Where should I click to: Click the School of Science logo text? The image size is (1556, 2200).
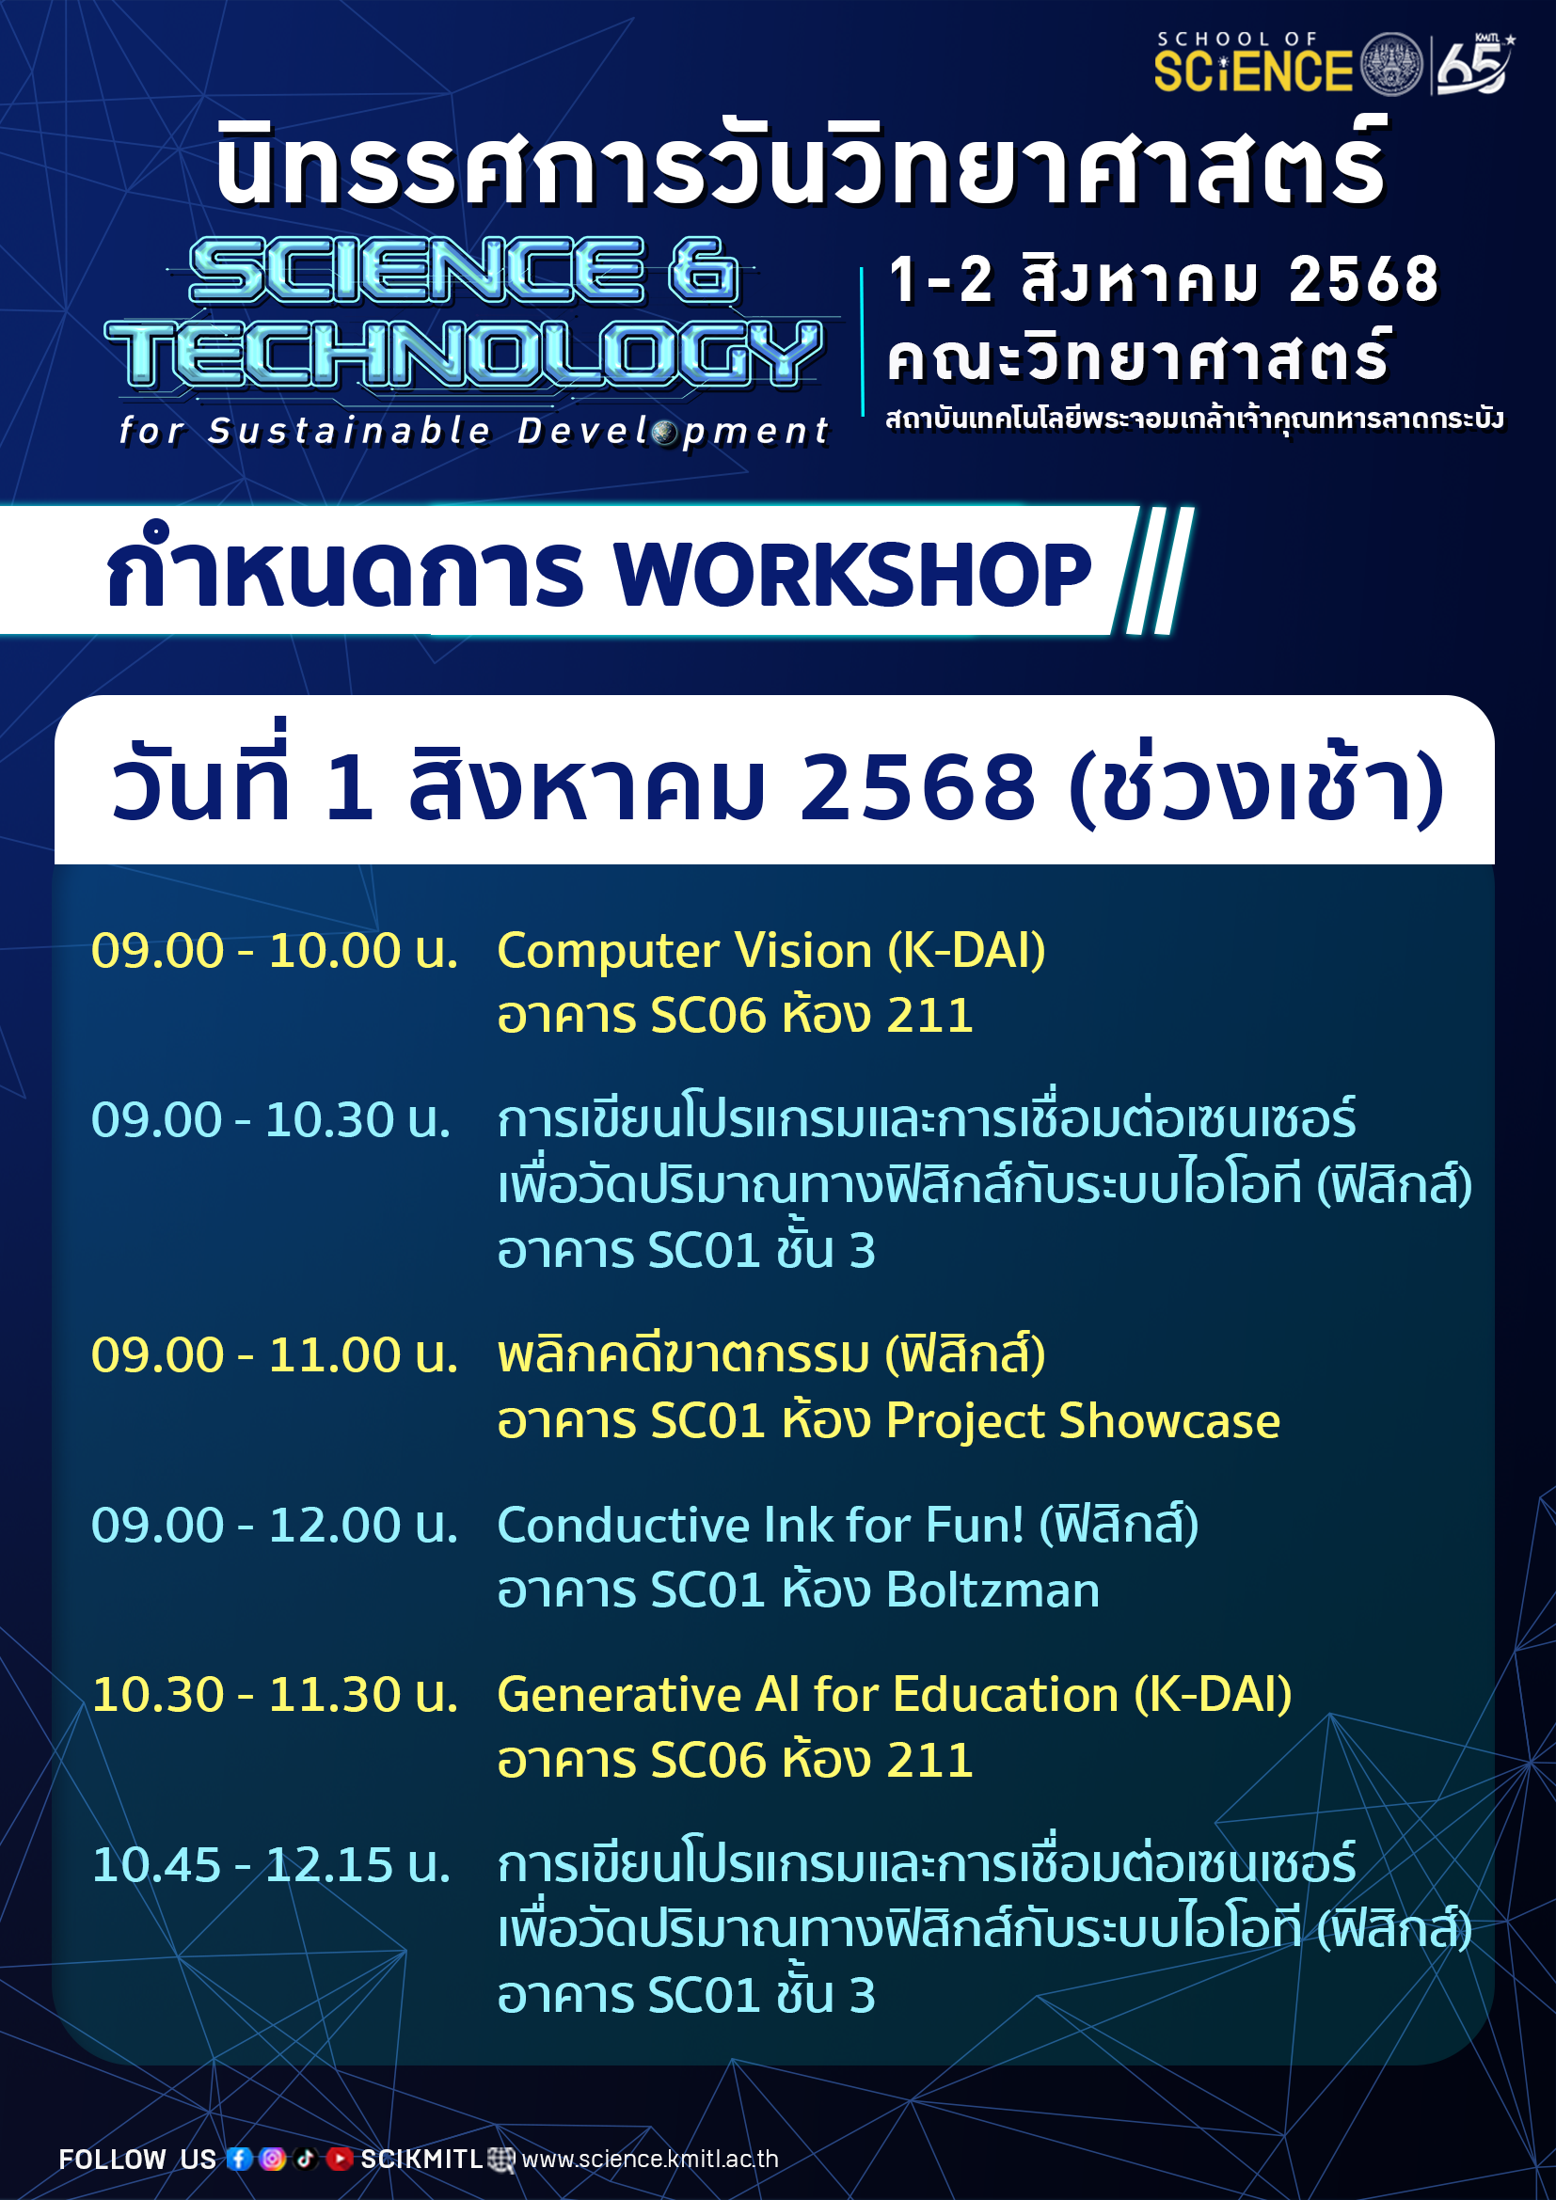[1253, 63]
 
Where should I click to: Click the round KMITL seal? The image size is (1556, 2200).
[1392, 64]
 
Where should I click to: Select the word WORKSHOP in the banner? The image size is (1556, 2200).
[852, 574]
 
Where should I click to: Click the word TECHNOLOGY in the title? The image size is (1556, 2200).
[464, 353]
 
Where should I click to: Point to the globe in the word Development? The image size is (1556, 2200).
[666, 432]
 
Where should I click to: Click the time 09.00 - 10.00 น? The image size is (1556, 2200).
[274, 951]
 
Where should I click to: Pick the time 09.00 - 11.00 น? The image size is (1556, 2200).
[274, 1354]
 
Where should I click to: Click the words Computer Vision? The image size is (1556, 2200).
[685, 952]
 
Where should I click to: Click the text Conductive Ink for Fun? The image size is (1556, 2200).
[761, 1526]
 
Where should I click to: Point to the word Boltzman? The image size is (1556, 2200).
[992, 1591]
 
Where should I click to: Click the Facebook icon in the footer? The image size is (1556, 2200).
[240, 2158]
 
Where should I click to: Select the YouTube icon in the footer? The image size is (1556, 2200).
[340, 2158]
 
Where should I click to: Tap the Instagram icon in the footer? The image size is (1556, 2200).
[272, 2158]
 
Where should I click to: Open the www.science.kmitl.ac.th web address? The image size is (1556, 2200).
[650, 2159]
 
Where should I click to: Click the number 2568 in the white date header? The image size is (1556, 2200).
[918, 786]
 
